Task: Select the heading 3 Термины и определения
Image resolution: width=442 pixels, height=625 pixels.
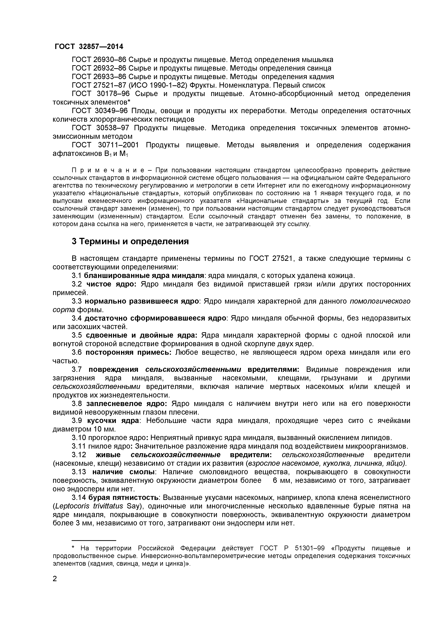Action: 130,241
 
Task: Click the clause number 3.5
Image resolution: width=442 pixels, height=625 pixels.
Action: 77,335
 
